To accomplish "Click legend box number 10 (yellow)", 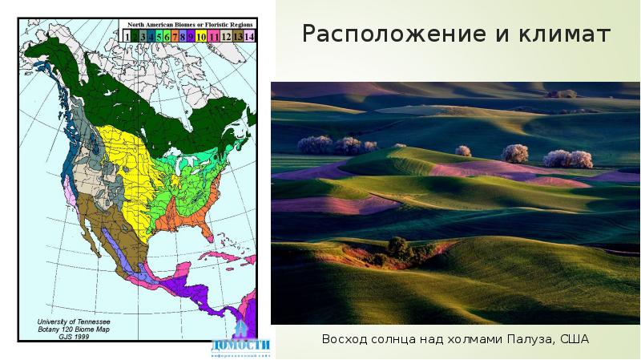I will click(201, 36).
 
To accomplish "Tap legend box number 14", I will click(249, 36).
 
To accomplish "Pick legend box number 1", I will click(127, 36).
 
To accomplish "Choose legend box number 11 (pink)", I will click(215, 36).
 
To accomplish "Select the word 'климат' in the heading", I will click(572, 36).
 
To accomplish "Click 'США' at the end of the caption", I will click(574, 340).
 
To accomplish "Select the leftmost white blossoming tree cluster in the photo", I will click(314, 145).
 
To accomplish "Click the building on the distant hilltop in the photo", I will click(566, 94).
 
